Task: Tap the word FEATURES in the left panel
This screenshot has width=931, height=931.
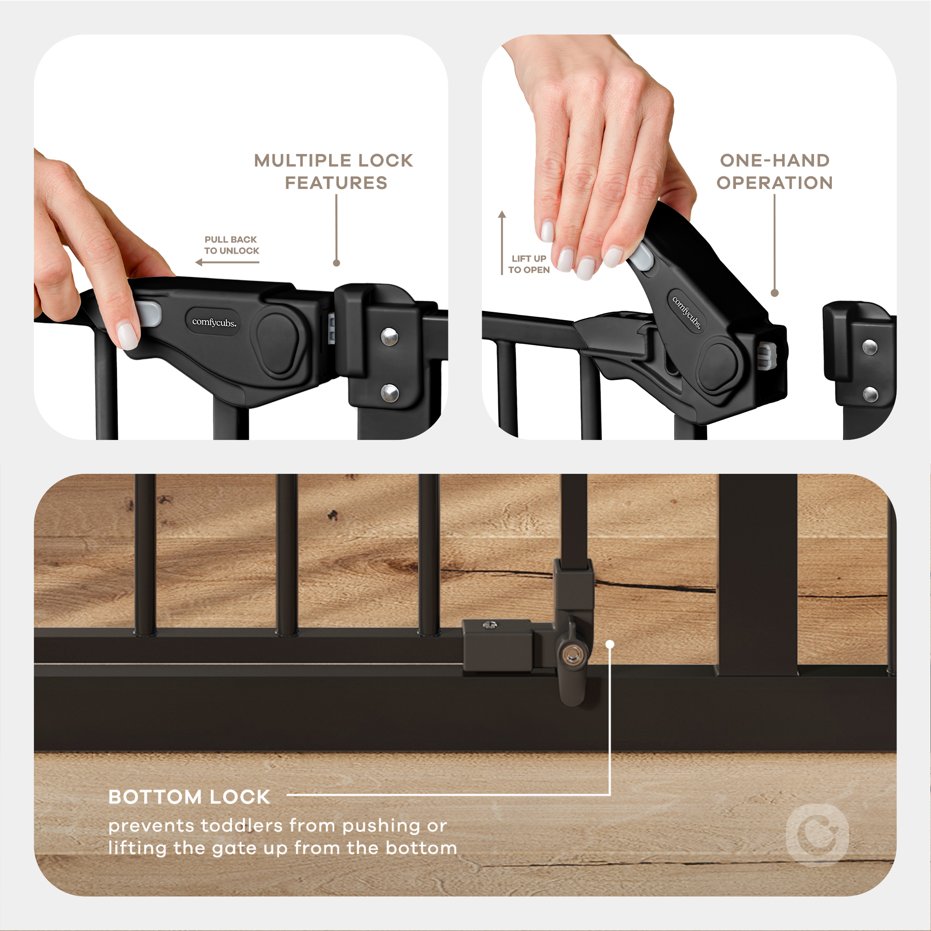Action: click(336, 183)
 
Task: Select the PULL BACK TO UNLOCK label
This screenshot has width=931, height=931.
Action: click(231, 245)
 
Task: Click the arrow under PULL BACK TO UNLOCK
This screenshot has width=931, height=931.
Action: click(227, 262)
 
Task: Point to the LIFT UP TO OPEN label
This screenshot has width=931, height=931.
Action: click(529, 264)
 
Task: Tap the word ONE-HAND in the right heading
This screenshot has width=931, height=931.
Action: click(775, 161)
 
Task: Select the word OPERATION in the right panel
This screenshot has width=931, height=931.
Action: click(775, 183)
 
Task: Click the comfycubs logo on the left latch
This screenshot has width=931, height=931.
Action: click(214, 322)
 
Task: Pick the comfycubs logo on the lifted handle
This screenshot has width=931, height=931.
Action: click(687, 312)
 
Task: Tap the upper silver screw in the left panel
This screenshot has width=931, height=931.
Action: click(389, 336)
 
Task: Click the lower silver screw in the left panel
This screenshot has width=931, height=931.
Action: click(389, 393)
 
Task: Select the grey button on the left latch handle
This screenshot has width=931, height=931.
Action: click(147, 314)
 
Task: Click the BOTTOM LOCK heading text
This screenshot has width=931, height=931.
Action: click(189, 797)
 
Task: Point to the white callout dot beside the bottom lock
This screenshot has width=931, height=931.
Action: click(610, 644)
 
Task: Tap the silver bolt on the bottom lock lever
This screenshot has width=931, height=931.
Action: click(572, 654)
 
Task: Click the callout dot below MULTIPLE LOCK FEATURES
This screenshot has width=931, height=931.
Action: click(337, 263)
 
